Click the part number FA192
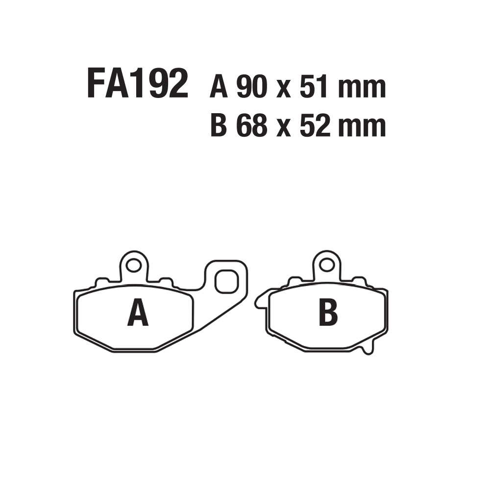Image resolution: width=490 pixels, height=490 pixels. click(x=137, y=84)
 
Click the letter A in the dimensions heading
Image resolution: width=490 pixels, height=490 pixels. click(x=218, y=88)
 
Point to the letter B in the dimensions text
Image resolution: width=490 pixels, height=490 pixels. click(x=218, y=126)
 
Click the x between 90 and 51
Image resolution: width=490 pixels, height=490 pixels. click(x=283, y=91)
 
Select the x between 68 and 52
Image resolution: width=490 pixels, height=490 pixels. click(x=283, y=129)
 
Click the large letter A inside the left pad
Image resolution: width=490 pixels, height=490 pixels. click(x=138, y=314)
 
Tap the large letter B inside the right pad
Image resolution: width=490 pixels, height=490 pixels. click(x=328, y=314)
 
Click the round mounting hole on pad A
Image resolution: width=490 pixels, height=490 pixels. click(x=132, y=267)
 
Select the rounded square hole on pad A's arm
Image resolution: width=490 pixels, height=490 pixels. click(x=226, y=282)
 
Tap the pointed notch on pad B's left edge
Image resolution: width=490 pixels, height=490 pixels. click(x=258, y=302)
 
